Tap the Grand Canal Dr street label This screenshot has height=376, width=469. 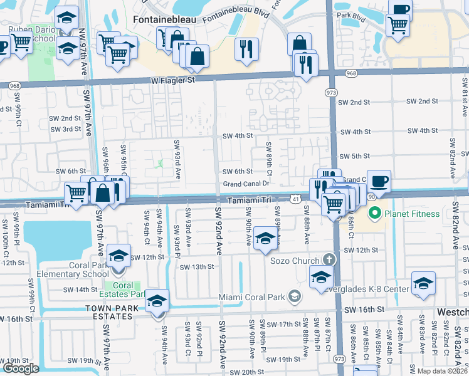(246, 184)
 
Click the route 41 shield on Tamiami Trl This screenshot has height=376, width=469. (294, 199)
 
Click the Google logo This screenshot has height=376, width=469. (21, 368)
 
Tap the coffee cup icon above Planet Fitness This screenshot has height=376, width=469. (379, 181)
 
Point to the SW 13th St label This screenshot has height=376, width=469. (197, 267)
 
